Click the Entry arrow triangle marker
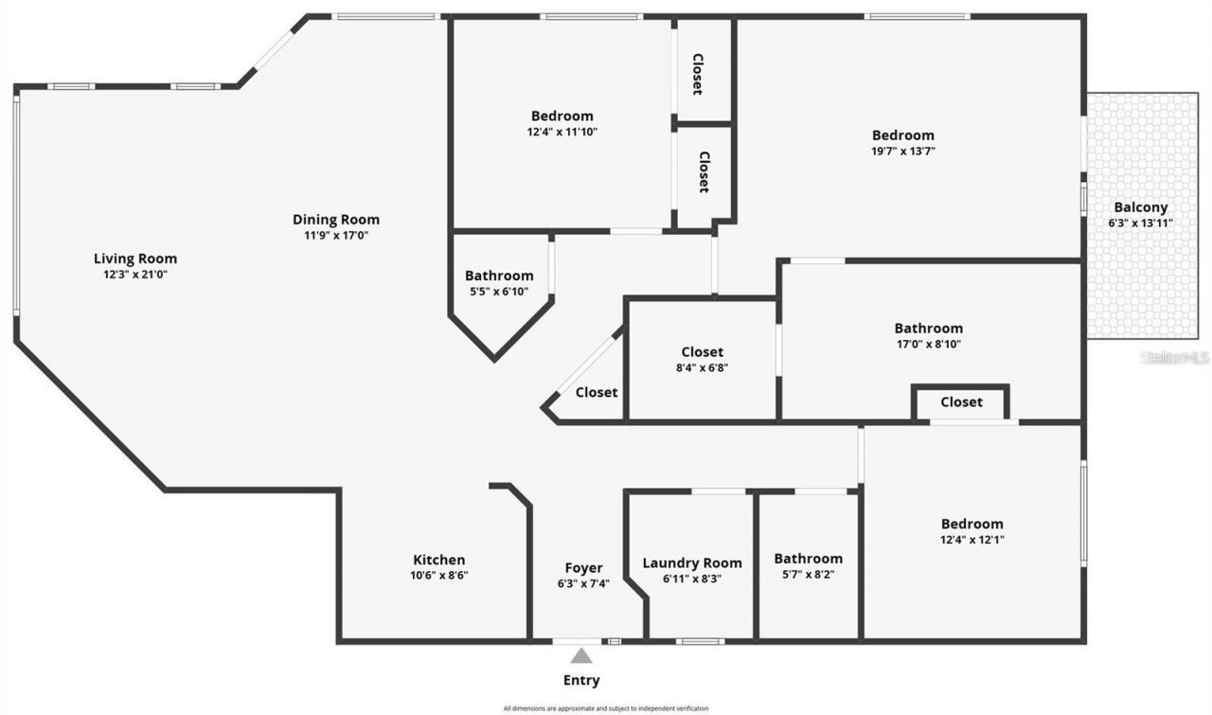(x=581, y=655)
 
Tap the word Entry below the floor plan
(x=581, y=680)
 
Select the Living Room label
(x=135, y=259)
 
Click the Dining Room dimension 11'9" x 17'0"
(x=336, y=235)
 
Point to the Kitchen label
(x=439, y=560)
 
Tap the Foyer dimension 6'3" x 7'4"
(x=583, y=583)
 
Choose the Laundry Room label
(x=692, y=563)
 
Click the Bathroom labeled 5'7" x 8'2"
(x=808, y=559)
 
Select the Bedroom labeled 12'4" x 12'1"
(x=971, y=524)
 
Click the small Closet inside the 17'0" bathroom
(x=961, y=402)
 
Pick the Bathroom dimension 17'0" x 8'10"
(x=929, y=345)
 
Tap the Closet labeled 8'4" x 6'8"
(x=703, y=352)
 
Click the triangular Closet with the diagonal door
(x=597, y=392)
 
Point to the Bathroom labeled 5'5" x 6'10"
(x=499, y=276)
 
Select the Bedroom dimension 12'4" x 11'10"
(x=562, y=132)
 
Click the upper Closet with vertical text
(x=697, y=74)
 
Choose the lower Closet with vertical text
(x=704, y=172)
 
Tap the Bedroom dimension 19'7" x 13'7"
(x=903, y=151)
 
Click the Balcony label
(x=1140, y=207)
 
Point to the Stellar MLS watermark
(x=1174, y=358)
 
